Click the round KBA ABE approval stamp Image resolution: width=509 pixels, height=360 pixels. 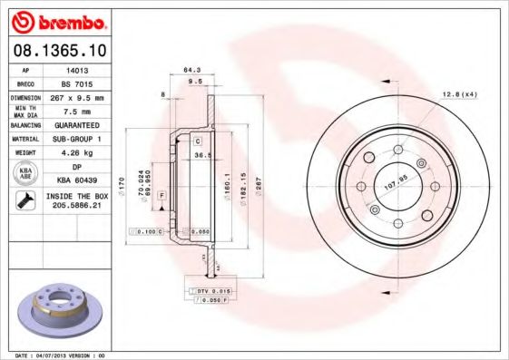pyautogui.click(x=26, y=174)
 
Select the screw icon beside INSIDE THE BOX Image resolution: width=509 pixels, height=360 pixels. pyautogui.click(x=26, y=201)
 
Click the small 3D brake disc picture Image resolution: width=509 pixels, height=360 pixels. pyautogui.click(x=59, y=314)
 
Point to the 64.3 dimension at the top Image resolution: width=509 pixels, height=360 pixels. pyautogui.click(x=191, y=70)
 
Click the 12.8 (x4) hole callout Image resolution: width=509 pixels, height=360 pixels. pyautogui.click(x=460, y=93)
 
